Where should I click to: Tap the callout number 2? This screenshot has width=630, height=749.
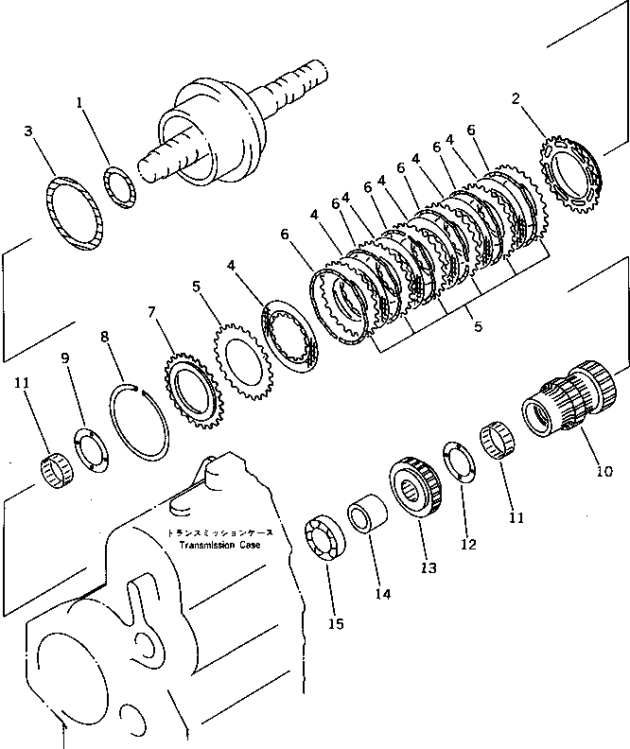click(516, 97)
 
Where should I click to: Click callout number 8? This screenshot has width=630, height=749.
click(105, 335)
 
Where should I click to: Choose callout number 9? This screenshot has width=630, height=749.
click(65, 358)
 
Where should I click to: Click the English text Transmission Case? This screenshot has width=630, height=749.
click(214, 546)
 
